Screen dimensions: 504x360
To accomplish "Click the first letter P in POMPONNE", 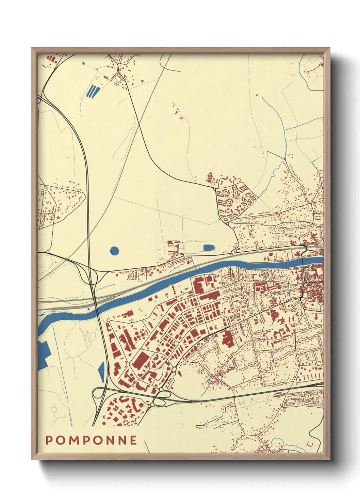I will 49,440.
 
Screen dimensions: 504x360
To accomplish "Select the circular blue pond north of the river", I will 115,251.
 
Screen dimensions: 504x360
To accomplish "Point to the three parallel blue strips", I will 93,91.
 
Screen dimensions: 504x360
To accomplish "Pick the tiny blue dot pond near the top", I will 83,63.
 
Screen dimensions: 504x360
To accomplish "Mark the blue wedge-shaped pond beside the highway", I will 101,372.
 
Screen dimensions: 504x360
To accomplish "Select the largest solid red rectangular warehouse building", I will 141,360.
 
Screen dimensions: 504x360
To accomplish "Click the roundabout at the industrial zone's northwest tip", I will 109,320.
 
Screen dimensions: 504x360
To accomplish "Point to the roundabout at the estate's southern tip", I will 227,224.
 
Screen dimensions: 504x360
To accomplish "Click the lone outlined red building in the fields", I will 181,118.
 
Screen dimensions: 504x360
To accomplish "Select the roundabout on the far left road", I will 47,253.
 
